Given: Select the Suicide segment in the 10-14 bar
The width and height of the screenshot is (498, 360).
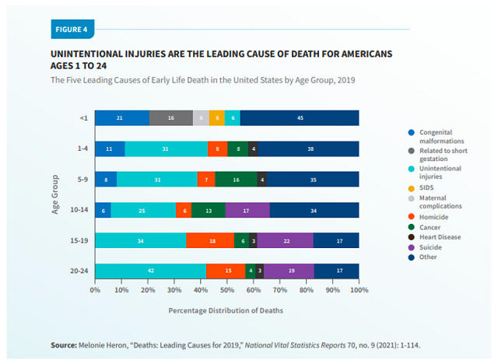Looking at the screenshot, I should pyautogui.click(x=247, y=210).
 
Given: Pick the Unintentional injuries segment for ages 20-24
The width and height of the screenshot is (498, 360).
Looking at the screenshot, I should pyautogui.click(x=150, y=271).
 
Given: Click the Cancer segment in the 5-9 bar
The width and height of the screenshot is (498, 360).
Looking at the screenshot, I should pyautogui.click(x=236, y=180).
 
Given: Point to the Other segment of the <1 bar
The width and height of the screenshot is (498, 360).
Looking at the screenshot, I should pyautogui.click(x=300, y=118).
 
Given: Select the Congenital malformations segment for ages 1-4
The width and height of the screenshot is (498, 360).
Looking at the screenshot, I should pyautogui.click(x=110, y=149).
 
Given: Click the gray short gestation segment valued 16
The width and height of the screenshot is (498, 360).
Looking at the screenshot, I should pyautogui.click(x=171, y=118).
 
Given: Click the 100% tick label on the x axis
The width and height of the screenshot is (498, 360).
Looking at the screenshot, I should pyautogui.click(x=358, y=291).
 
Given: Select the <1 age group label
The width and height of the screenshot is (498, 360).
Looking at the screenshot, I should pyautogui.click(x=82, y=118).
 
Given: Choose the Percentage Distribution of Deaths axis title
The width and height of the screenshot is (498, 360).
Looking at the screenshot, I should pyautogui.click(x=226, y=309).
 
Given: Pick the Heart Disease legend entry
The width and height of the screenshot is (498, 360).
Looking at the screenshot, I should pyautogui.click(x=440, y=237).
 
